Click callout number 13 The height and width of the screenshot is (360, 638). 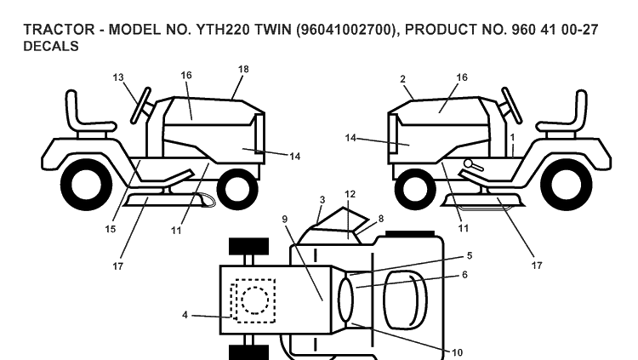tap(118, 77)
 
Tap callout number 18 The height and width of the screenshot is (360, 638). tap(243, 69)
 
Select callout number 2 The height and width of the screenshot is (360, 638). tap(402, 79)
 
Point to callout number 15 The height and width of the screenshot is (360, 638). tap(111, 229)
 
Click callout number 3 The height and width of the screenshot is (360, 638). tap(322, 200)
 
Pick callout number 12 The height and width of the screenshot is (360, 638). tap(350, 194)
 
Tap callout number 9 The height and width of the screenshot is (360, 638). tap(285, 220)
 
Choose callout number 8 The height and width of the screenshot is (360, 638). tap(381, 219)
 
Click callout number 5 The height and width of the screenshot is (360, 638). tap(469, 256)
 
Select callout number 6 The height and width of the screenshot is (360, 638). tap(464, 275)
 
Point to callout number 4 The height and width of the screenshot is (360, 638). tap(185, 315)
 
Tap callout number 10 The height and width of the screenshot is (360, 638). tap(457, 352)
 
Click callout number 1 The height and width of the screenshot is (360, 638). tap(512, 138)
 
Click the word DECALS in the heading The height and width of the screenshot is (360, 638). tap(51, 46)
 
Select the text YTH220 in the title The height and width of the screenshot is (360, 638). tap(223, 30)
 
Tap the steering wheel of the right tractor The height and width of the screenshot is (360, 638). tap(511, 105)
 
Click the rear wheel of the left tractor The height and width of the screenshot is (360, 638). tap(86, 185)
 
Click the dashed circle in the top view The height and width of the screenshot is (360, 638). tap(254, 300)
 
